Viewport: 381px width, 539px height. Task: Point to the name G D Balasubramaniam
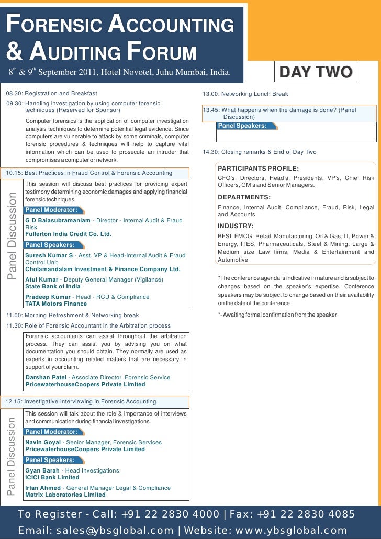point(58,221)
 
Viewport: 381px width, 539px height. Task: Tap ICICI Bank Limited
point(52,477)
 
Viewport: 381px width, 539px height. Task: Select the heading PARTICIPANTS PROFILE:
point(258,168)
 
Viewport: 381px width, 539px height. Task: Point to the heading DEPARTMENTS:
point(244,197)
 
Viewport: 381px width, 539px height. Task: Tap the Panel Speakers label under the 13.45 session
point(242,126)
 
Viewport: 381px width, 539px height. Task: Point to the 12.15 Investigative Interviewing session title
point(81,401)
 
